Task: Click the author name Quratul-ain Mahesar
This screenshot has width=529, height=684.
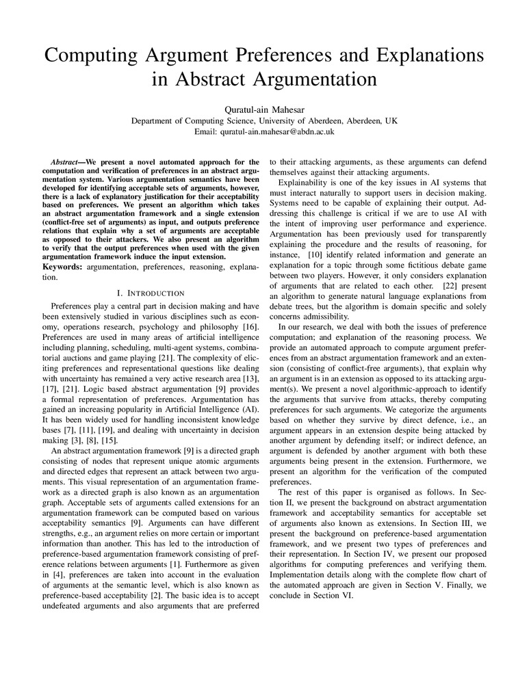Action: pyautogui.click(x=264, y=109)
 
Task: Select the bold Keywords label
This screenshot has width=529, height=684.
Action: pyautogui.click(x=61, y=265)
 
